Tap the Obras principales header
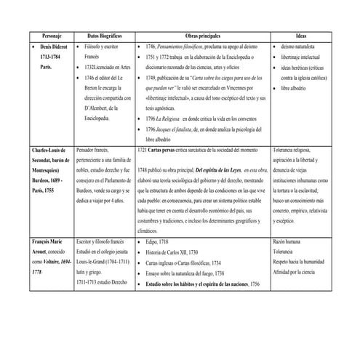pos(202,35)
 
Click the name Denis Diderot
pos(48,45)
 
